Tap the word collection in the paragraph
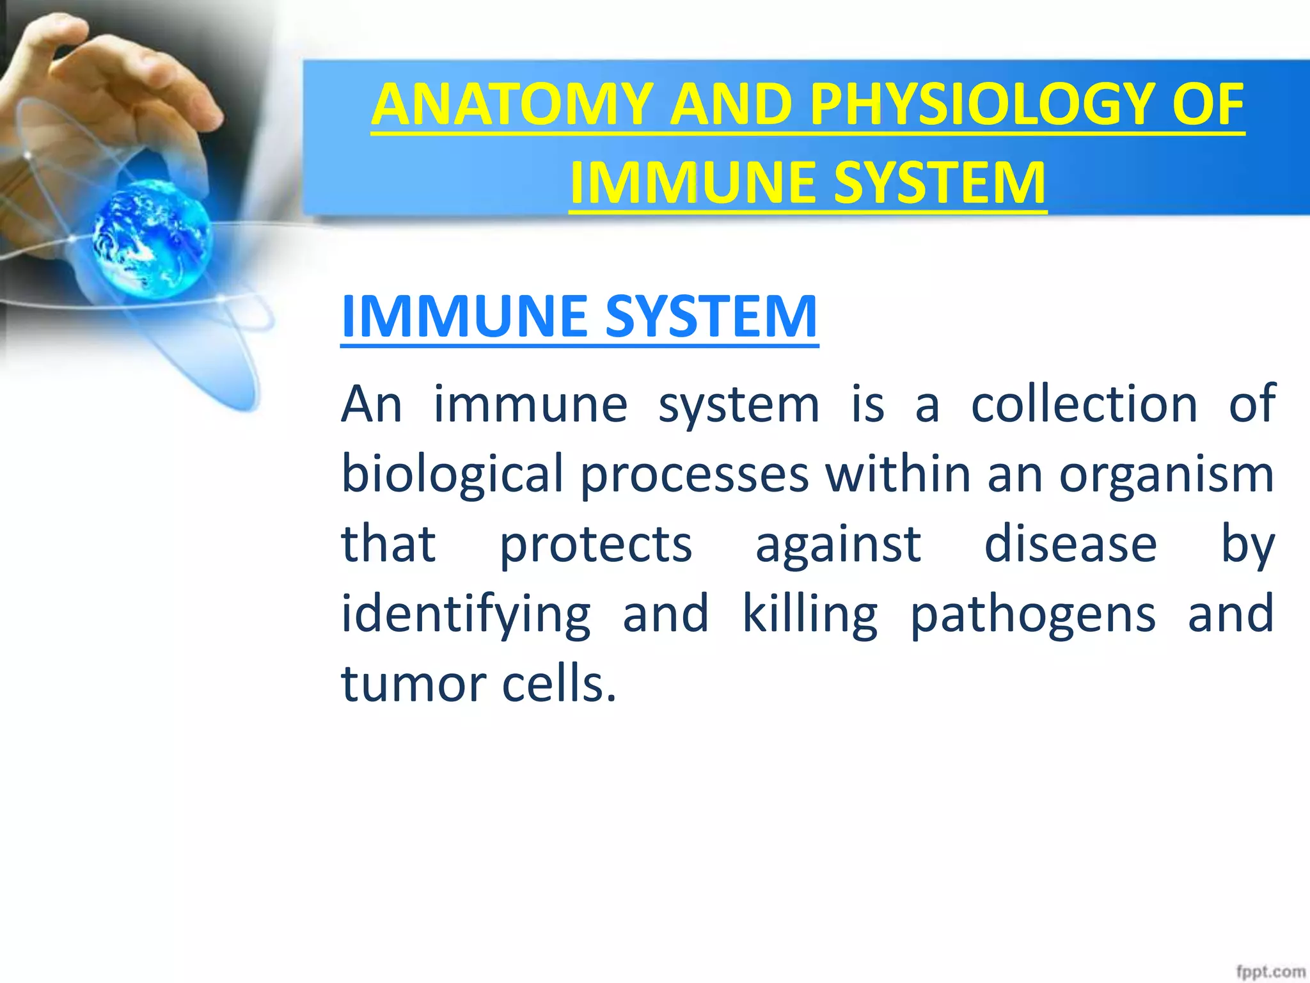1084,404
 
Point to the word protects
596,545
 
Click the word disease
1070,545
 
